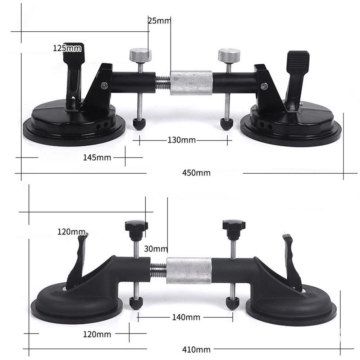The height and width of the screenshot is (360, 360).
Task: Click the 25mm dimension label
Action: (x=159, y=20)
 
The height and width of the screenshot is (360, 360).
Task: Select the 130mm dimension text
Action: (x=181, y=140)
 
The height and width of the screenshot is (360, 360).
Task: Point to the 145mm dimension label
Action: (x=97, y=157)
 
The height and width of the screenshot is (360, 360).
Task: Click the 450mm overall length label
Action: (x=196, y=173)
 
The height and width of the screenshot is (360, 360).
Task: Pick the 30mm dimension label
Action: (x=156, y=249)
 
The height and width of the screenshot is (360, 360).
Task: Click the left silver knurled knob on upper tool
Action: (x=140, y=55)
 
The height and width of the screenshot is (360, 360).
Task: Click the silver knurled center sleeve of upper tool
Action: (x=191, y=83)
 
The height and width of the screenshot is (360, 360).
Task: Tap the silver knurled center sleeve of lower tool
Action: (x=189, y=270)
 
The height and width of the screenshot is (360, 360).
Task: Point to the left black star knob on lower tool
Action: (x=136, y=227)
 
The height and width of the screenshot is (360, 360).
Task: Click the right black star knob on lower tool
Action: (x=233, y=227)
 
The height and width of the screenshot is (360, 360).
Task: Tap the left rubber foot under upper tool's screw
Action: (x=139, y=124)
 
